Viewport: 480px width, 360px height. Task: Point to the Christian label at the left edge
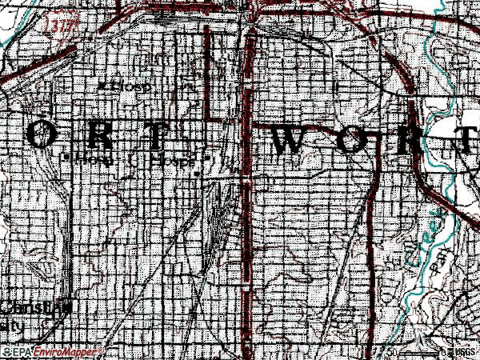(28, 308)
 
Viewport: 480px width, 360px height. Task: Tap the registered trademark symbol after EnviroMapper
(100, 349)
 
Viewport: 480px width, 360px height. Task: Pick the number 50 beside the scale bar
(392, 351)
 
